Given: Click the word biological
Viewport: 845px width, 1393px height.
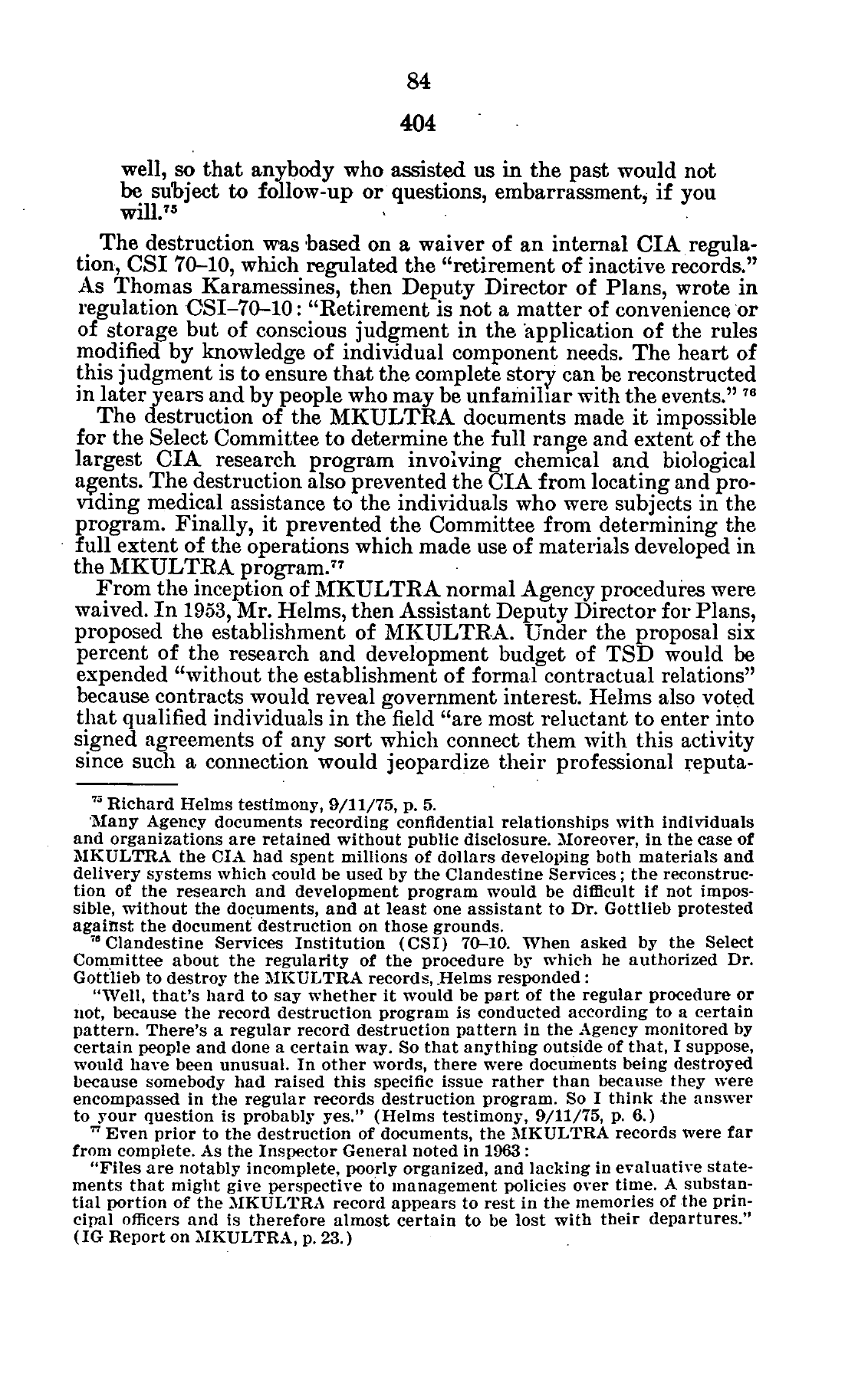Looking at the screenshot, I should pos(702,461).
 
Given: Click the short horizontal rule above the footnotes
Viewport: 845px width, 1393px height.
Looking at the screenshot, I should pos(127,784).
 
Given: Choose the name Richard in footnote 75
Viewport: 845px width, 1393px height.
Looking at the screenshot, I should pos(133,804).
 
